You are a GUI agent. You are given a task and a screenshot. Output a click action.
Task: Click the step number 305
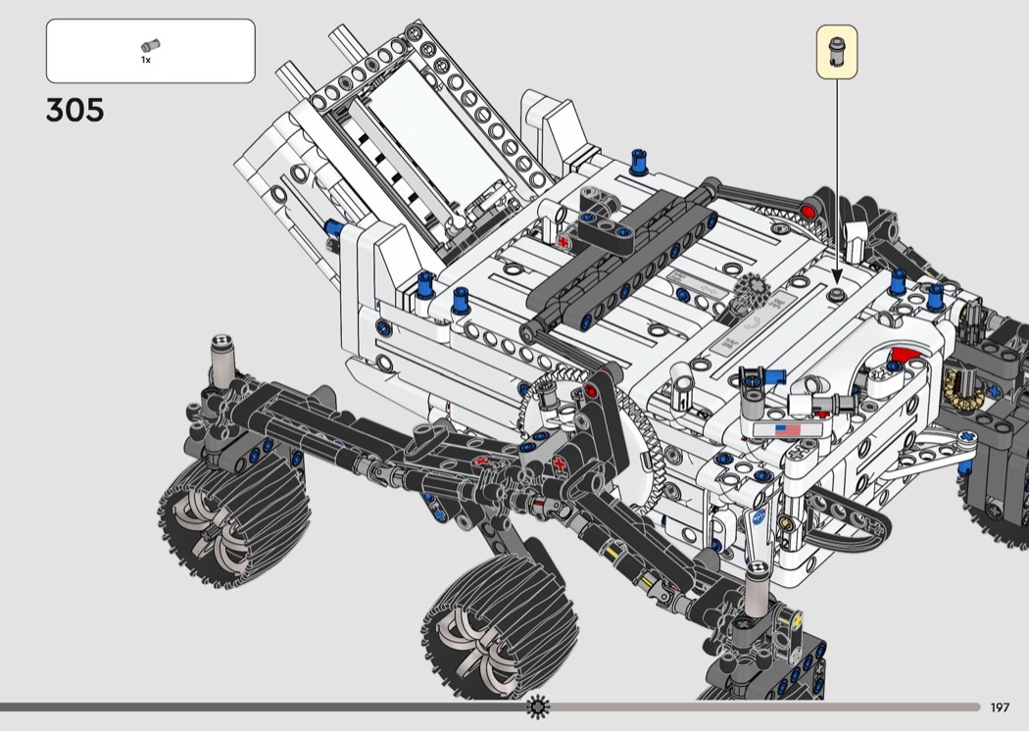click(74, 110)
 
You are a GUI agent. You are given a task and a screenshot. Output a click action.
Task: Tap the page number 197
click(1000, 707)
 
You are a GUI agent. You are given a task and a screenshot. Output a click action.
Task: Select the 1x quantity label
click(146, 60)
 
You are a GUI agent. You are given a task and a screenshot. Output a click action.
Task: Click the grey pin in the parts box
click(150, 45)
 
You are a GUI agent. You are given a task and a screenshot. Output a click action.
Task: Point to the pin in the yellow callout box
click(837, 51)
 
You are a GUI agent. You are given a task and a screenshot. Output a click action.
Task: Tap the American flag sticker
click(788, 430)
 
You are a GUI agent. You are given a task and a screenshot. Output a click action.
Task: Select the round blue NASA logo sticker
click(759, 515)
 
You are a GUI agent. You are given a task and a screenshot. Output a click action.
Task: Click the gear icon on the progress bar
click(538, 707)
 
